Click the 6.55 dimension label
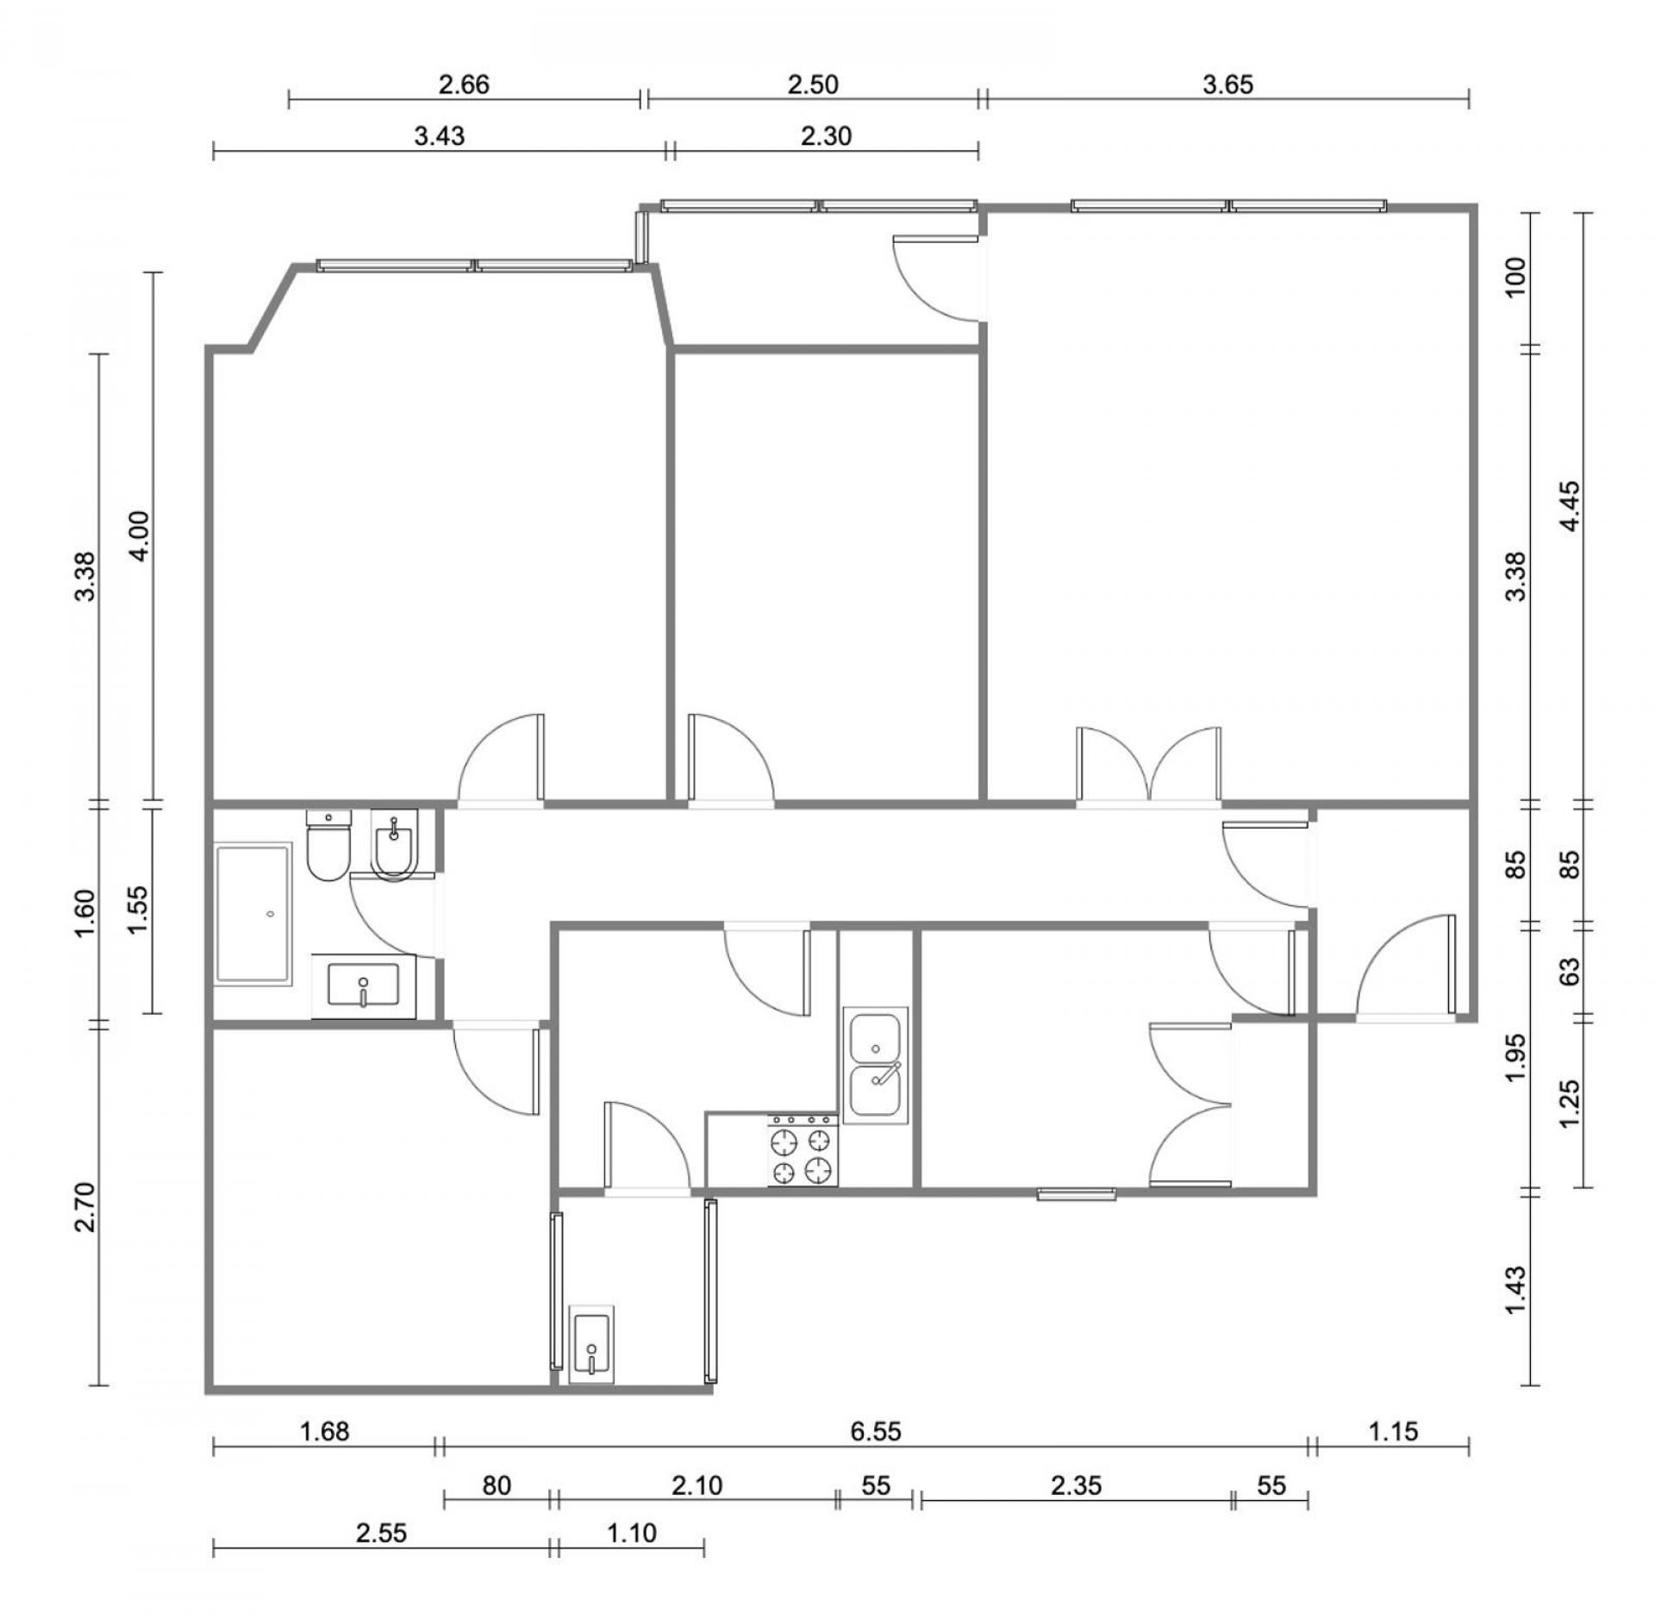pyautogui.click(x=875, y=1431)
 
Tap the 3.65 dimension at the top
pyautogui.click(x=1228, y=84)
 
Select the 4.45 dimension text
pyautogui.click(x=1571, y=506)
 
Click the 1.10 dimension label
pyautogui.click(x=632, y=1533)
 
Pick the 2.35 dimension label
pyautogui.click(x=1077, y=1486)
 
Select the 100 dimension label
pyautogui.click(x=1515, y=277)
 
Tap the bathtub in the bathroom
pyautogui.click(x=253, y=914)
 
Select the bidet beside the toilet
pyautogui.click(x=394, y=844)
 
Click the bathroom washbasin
pyautogui.click(x=363, y=986)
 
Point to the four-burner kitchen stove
pyautogui.click(x=803, y=1149)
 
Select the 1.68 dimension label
pyautogui.click(x=324, y=1431)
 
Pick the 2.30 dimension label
pyautogui.click(x=826, y=135)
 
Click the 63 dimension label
pyautogui.click(x=1571, y=971)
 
